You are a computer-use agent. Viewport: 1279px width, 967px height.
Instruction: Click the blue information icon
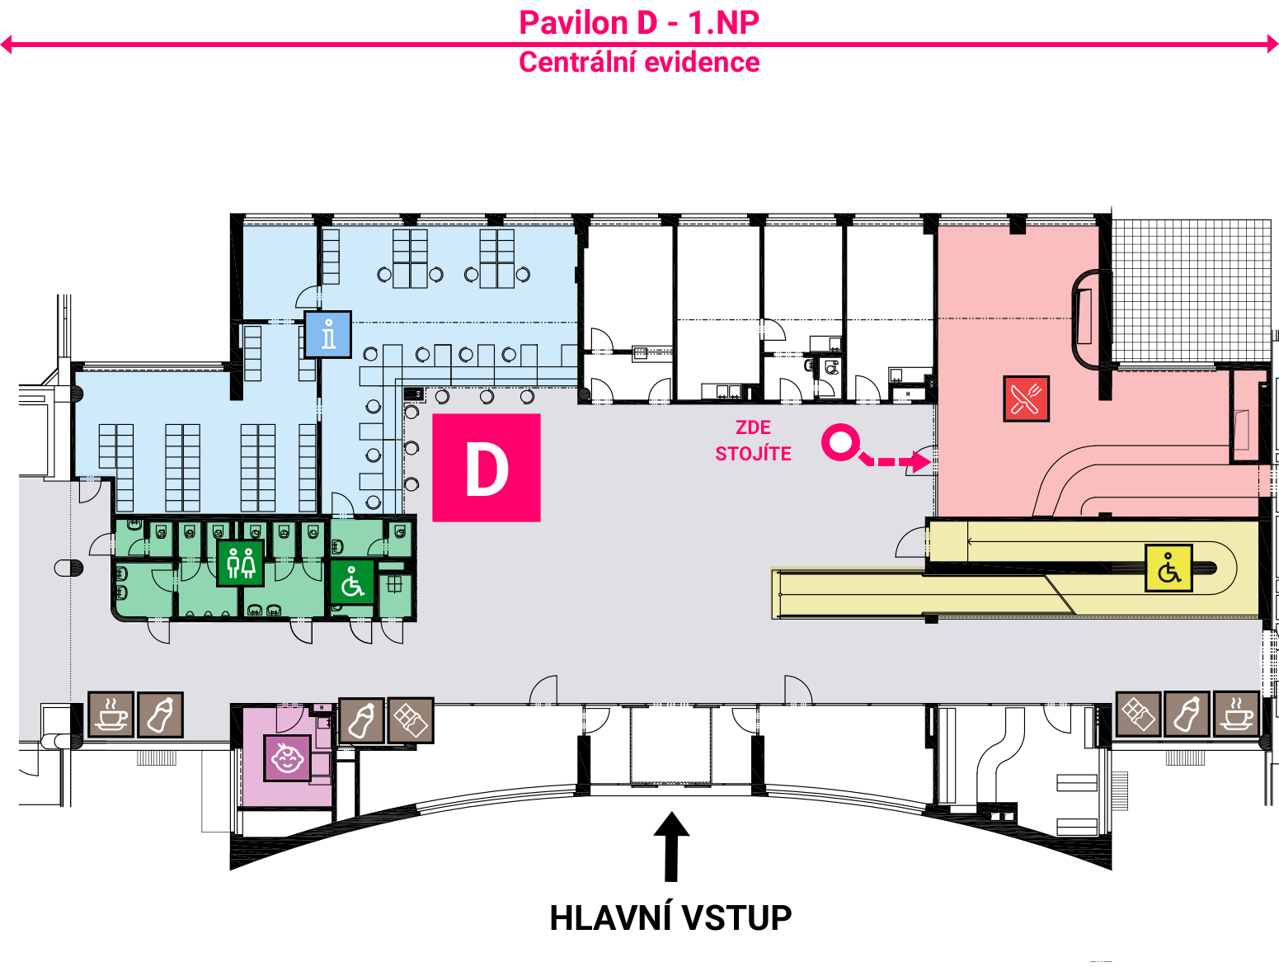click(328, 334)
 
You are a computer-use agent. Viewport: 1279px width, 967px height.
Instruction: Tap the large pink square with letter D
click(487, 468)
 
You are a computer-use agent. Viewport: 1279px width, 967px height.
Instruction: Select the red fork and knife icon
click(1026, 399)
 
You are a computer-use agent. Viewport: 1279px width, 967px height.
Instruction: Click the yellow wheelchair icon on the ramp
click(1168, 568)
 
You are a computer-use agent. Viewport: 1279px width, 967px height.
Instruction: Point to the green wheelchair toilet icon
click(352, 583)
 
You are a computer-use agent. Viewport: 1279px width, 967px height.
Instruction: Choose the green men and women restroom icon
click(241, 563)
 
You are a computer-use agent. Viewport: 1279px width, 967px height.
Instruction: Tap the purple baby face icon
click(287, 757)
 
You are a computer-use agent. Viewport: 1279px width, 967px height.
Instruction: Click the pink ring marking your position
click(841, 442)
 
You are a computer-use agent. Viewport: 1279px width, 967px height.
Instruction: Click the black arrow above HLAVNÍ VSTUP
click(672, 847)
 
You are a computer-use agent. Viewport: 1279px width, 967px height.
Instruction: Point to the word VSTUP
click(737, 918)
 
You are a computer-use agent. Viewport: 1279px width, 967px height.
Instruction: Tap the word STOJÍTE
click(754, 454)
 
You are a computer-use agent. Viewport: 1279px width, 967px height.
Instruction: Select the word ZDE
click(753, 427)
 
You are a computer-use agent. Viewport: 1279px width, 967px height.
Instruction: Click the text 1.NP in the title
click(724, 23)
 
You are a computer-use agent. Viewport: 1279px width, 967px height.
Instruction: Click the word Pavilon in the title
click(573, 23)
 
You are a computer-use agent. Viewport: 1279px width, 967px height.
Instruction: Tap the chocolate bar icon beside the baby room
click(411, 720)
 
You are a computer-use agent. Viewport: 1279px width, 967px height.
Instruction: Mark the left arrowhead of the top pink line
click(6, 45)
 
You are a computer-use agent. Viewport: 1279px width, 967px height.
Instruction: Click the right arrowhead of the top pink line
click(1273, 45)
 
